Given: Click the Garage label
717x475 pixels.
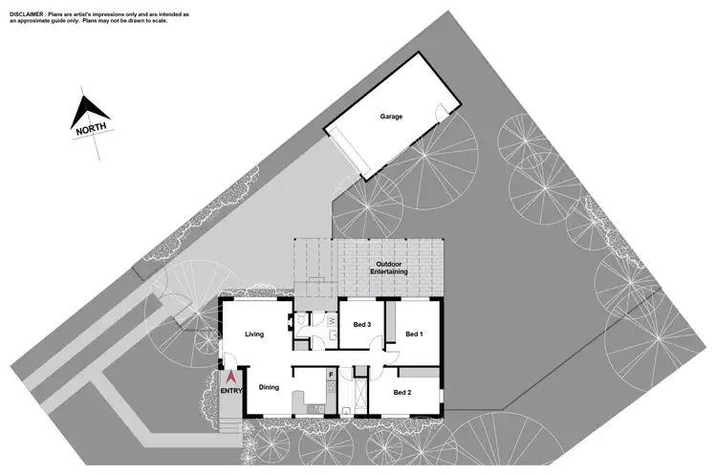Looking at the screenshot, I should (391, 117).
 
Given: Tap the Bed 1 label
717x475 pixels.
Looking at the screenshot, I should (414, 335).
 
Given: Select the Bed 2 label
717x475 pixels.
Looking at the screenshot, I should (402, 393).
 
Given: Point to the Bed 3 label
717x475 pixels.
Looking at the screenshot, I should (362, 325).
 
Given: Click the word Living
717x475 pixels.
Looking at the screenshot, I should (253, 335).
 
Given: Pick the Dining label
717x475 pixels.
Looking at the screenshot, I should (270, 387).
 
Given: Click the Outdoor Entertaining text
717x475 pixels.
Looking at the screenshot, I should (391, 268).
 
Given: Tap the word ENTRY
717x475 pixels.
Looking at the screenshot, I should (231, 391).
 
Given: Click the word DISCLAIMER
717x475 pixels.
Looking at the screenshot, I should (29, 16).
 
